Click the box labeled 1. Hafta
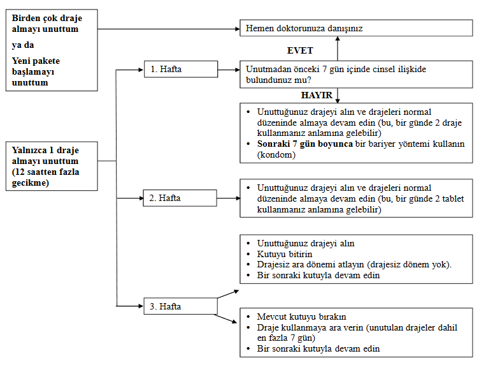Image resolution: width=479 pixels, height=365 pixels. coord(180,69)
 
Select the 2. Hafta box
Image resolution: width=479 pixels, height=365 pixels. coord(180,198)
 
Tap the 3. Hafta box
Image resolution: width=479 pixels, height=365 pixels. coord(180,307)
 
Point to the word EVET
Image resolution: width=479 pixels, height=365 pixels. coord(300,50)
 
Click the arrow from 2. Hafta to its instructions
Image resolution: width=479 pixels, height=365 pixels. coord(228,198)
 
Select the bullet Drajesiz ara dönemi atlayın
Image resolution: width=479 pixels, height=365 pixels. coord(354,265)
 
